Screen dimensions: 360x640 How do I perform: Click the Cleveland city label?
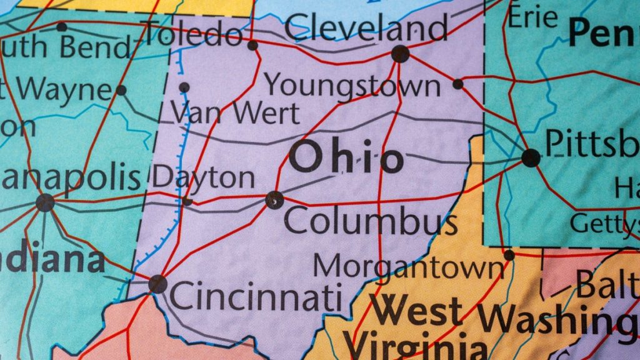pyautogui.click(x=367, y=29)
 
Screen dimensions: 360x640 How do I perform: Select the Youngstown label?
pyautogui.click(x=352, y=85)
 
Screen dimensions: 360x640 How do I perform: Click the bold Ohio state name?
pyautogui.click(x=346, y=157)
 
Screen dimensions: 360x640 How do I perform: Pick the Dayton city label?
pyautogui.click(x=204, y=178)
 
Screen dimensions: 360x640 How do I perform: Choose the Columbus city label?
pyautogui.click(x=371, y=221)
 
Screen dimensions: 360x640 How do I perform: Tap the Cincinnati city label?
pyautogui.click(x=256, y=296)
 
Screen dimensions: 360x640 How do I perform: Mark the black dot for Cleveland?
pyautogui.click(x=400, y=54)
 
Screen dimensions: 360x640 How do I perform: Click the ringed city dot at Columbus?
pyautogui.click(x=274, y=200)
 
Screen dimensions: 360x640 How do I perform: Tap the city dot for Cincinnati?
pyautogui.click(x=157, y=284)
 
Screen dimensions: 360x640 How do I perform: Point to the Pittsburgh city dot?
pyautogui.click(x=531, y=157)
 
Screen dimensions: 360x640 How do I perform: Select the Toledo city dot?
pyautogui.click(x=252, y=45)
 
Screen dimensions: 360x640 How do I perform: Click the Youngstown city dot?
pyautogui.click(x=458, y=84)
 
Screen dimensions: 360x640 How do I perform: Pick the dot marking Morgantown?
pyautogui.click(x=509, y=255)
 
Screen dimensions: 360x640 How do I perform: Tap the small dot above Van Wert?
pyautogui.click(x=184, y=87)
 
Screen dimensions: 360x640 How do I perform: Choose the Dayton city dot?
pyautogui.click(x=187, y=201)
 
